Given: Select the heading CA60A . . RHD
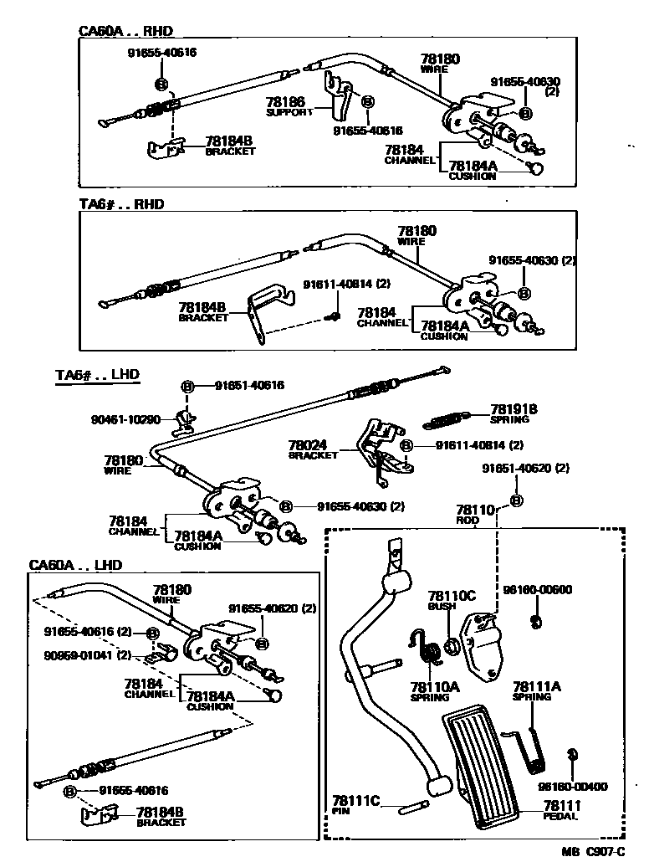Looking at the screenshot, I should tap(125, 31).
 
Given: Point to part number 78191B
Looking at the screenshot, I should tap(514, 409).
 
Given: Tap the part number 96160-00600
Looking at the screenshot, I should tap(538, 589).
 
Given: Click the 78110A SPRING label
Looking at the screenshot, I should tap(435, 690).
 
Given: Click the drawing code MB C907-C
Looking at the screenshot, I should tap(593, 851).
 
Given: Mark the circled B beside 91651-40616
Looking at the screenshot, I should tap(187, 386).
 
